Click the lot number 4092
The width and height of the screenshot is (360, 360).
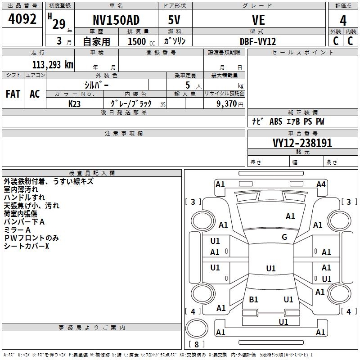pos(22,19)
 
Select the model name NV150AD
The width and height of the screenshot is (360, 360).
pos(116,20)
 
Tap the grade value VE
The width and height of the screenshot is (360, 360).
pos(258,20)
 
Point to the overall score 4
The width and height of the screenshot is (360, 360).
pos(343,20)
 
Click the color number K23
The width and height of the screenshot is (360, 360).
pos(75,103)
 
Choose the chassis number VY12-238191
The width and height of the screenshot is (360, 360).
pos(302,144)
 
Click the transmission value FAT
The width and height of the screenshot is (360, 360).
pos(13,94)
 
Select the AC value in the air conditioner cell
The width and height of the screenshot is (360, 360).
pos(35,94)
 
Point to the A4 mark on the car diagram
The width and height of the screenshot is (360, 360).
pos(321,184)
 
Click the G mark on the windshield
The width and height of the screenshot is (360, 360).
pos(284,237)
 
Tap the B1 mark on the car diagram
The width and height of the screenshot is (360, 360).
pos(253,299)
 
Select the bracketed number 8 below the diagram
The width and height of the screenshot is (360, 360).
pos(197,345)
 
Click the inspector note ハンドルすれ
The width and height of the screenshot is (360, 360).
pos(24,198)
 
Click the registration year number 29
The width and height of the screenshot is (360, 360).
pos(59,24)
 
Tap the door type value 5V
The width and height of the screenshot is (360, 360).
pos(175,20)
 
